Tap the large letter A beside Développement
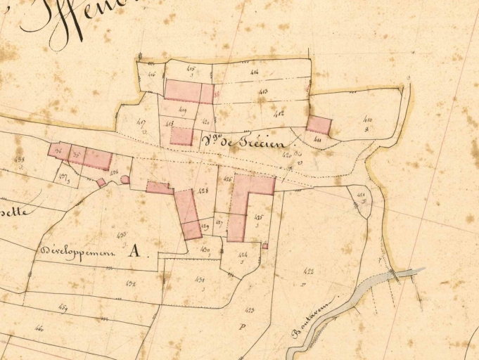click(134, 252)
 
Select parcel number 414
click(254, 71)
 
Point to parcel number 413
click(262, 92)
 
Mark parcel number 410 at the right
click(368, 121)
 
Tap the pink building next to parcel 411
click(319, 125)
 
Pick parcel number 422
click(308, 271)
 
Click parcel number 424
click(243, 255)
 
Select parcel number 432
click(130, 283)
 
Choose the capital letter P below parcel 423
click(241, 327)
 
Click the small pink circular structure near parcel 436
click(125, 179)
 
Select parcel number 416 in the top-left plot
click(151, 73)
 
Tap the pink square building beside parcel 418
click(181, 136)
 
